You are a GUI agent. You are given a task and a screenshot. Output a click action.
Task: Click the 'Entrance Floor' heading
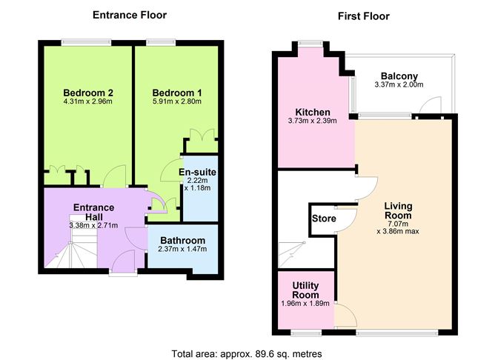click(x=130, y=15)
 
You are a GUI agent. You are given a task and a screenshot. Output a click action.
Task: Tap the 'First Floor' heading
click(x=363, y=16)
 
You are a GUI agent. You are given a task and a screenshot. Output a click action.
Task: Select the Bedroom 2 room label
click(x=88, y=93)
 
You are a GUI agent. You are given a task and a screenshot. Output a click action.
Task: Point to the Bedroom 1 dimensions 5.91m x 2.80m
click(x=177, y=101)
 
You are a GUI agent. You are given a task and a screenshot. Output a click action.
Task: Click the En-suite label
click(x=197, y=172)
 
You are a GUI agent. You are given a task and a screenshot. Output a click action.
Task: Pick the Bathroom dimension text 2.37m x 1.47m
click(x=182, y=249)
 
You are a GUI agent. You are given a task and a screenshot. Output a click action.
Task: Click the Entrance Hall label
click(x=94, y=212)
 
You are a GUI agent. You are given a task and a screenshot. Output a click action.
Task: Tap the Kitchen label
click(x=313, y=112)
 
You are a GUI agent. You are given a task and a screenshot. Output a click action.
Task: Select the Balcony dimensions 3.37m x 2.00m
click(x=399, y=84)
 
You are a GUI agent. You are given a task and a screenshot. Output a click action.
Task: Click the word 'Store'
click(x=324, y=219)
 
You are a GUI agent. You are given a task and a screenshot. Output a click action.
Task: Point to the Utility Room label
click(x=305, y=290)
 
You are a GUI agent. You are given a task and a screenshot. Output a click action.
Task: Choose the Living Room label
click(x=398, y=211)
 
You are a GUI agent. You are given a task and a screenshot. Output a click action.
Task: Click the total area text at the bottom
click(x=247, y=353)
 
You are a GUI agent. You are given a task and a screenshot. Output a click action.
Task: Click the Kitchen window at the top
click(x=310, y=44)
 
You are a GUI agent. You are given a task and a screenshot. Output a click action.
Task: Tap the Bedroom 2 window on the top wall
click(x=86, y=43)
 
